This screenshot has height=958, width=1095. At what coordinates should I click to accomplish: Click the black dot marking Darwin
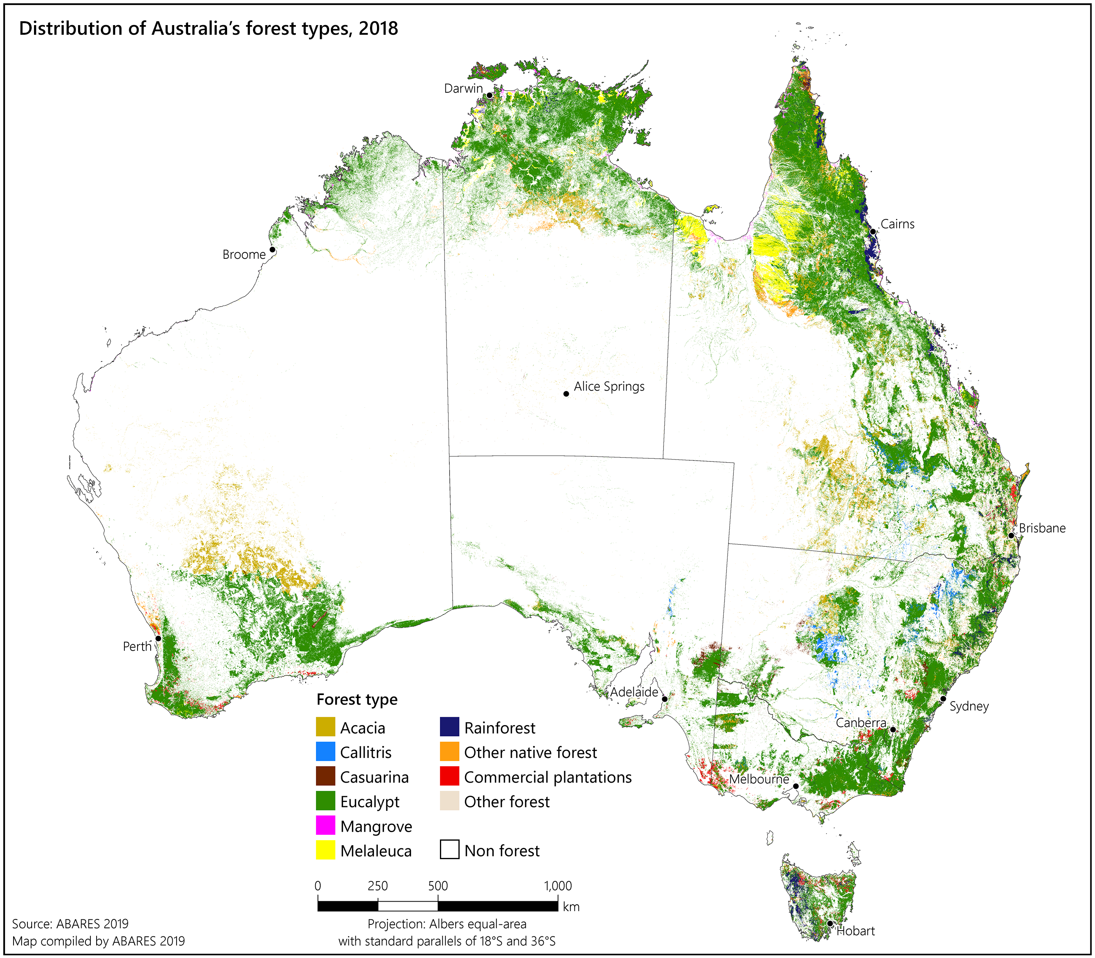point(489,95)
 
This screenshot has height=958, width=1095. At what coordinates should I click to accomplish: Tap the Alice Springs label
point(609,386)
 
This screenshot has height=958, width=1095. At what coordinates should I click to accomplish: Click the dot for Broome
point(272,250)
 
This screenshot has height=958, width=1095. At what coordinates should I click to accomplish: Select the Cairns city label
point(897,224)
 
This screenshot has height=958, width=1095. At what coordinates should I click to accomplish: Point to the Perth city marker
point(158,638)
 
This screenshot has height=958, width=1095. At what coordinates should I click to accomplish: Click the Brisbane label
point(1042,528)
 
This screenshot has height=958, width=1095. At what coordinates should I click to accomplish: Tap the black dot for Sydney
point(943,699)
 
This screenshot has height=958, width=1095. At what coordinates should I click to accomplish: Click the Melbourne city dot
point(796,786)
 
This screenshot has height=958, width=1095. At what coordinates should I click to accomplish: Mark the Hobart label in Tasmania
point(856,931)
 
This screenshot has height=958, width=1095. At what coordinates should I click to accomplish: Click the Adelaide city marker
point(665,699)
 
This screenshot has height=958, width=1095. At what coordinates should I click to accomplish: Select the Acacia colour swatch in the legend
point(325,727)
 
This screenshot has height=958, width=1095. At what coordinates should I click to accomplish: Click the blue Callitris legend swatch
point(325,752)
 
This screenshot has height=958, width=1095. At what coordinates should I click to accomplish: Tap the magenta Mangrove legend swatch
point(325,826)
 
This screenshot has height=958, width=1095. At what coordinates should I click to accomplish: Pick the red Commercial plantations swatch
point(449,776)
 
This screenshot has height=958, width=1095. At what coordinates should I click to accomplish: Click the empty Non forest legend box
point(449,850)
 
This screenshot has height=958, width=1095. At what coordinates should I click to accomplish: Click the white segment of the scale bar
point(407,906)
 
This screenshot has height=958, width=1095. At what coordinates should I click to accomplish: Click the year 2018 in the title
point(378,28)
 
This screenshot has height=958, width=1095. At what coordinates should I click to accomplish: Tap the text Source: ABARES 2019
point(70,924)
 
